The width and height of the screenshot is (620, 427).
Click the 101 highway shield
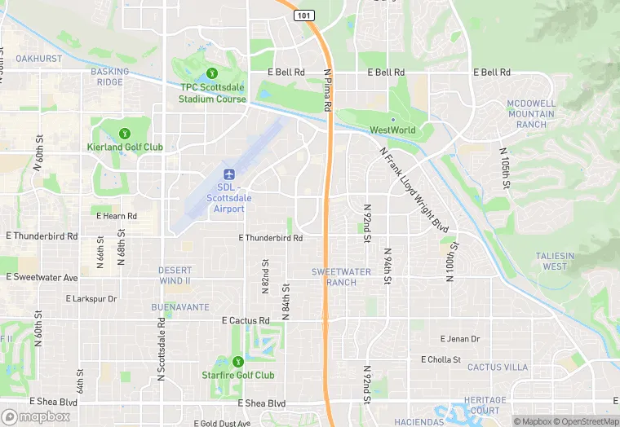[303, 15]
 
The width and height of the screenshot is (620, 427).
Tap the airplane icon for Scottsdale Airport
[229, 174]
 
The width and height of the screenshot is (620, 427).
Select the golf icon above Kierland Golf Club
[125, 133]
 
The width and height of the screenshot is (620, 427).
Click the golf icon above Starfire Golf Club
[237, 361]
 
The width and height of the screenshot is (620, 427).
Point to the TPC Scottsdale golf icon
[212, 73]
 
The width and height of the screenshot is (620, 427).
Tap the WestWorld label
[392, 130]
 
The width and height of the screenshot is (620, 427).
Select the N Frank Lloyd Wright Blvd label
[414, 188]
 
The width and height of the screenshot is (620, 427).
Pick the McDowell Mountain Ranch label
[530, 114]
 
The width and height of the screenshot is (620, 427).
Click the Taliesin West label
[555, 261]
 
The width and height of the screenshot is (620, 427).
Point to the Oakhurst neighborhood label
[38, 59]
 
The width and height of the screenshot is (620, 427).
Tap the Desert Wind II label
[175, 275]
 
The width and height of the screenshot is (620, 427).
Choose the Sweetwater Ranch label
[341, 277]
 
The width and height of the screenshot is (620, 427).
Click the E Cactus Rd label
[246, 321]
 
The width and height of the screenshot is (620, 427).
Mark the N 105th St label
[505, 169]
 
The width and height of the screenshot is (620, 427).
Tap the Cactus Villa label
[498, 368]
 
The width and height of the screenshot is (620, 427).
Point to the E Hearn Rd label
[117, 216]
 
